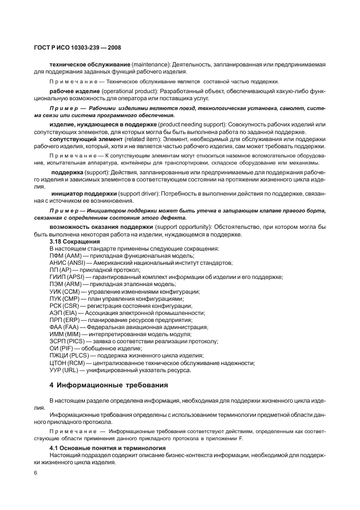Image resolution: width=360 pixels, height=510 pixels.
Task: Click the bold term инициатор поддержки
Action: (84, 193)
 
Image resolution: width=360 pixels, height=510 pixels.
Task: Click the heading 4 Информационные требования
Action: (109, 386)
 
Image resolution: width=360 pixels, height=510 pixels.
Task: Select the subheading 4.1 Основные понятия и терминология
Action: (100, 448)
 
